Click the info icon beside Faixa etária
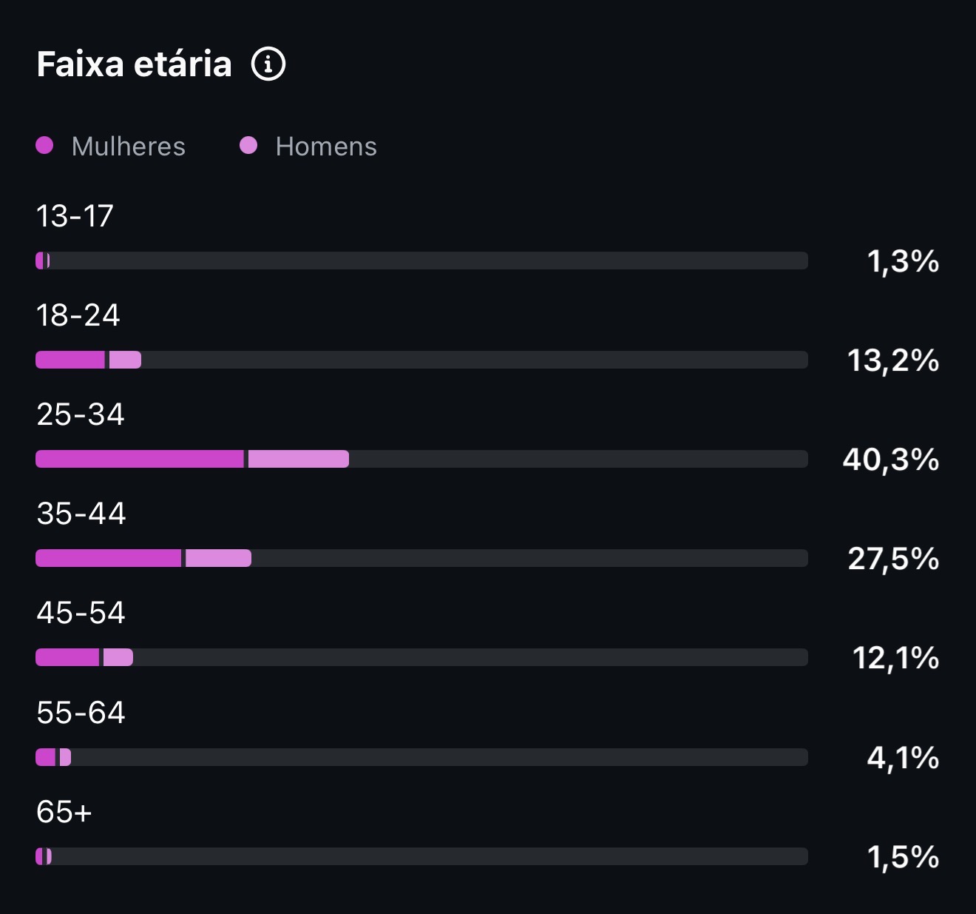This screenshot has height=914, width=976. point(268,64)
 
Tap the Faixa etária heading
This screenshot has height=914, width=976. point(134,64)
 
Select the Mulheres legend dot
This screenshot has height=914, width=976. point(44,146)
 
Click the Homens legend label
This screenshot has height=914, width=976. point(326,147)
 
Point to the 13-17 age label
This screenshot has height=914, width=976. point(75,215)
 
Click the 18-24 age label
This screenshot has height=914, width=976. point(78,315)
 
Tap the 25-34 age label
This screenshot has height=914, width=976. point(80,414)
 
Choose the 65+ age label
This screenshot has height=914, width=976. point(64,811)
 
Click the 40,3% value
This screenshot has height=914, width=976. point(890,460)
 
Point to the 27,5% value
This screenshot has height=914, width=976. point(893,559)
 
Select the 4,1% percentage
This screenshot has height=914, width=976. point(904,758)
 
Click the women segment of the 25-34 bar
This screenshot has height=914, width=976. point(140,459)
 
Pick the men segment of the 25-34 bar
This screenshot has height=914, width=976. point(299,459)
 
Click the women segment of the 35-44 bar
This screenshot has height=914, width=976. point(109,558)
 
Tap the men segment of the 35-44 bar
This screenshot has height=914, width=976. point(219,558)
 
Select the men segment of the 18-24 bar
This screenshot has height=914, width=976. point(125,360)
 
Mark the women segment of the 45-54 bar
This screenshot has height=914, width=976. point(67,657)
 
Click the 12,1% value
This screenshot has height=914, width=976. point(896,658)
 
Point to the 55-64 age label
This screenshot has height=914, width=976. point(81,712)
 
